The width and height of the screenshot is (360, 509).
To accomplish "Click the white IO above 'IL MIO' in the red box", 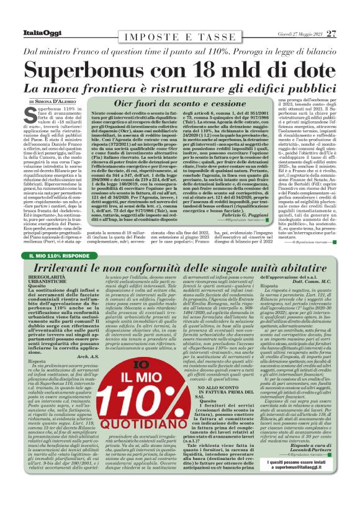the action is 125,361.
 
